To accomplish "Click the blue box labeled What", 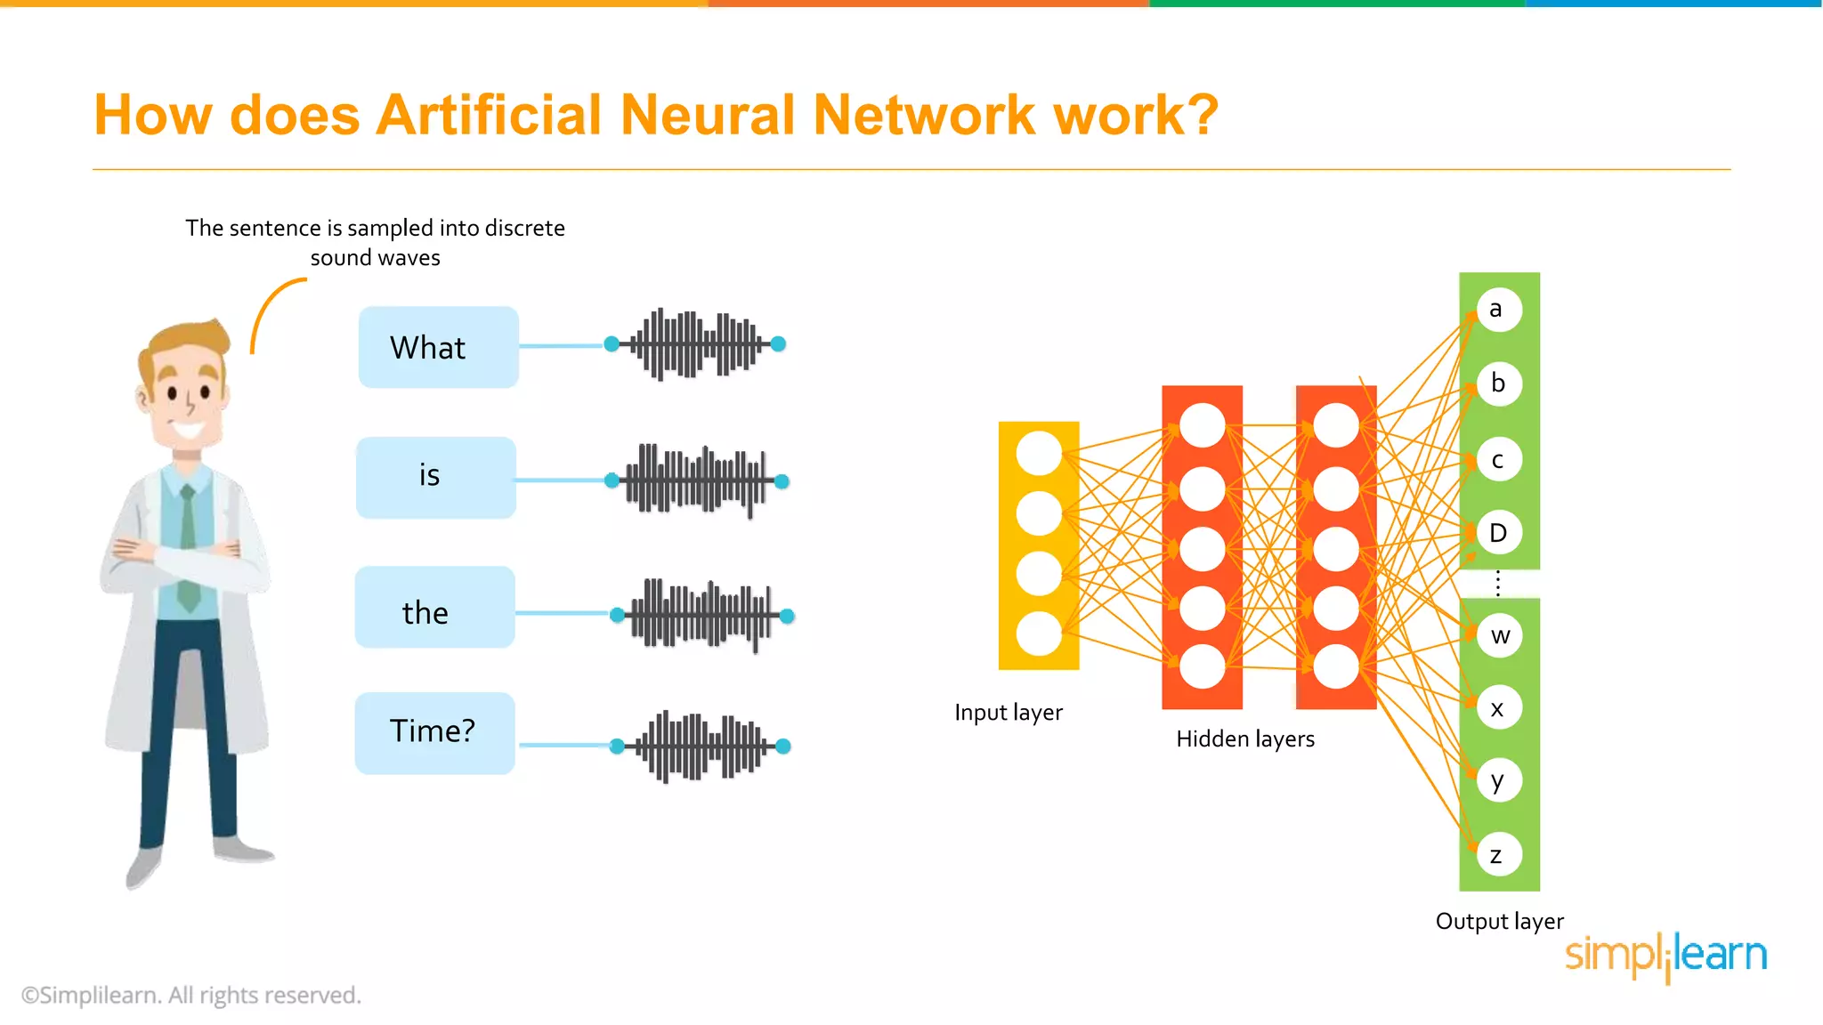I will point(438,347).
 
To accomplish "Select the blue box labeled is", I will point(436,477).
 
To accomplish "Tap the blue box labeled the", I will point(434,607).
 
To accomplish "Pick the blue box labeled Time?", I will point(434,732).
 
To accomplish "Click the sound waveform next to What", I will point(695,343).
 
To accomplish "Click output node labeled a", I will point(1499,310).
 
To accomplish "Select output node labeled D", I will point(1499,533).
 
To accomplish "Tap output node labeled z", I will point(1499,855).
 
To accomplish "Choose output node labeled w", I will point(1500,635).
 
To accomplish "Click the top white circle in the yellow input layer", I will point(1039,453).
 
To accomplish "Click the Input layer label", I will point(1008,713).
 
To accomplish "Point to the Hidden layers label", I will point(1244,738).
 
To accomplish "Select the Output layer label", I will point(1499,921).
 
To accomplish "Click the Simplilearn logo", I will point(1665,956).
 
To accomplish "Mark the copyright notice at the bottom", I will point(191,995).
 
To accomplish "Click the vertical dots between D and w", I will point(1498,584).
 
